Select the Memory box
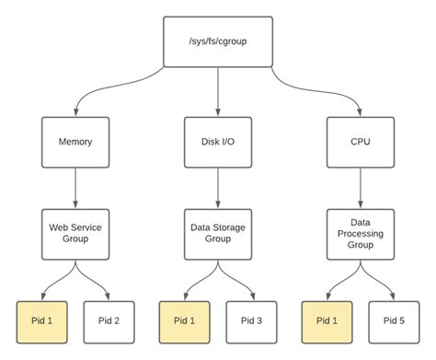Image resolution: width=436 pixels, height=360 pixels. pyautogui.click(x=75, y=144)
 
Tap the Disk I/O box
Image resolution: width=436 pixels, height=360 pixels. pyautogui.click(x=217, y=144)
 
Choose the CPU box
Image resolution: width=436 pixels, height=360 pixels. pyautogui.click(x=360, y=144)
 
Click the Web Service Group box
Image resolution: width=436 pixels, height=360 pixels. pyautogui.click(x=75, y=231)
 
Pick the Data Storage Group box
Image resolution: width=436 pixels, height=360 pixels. pyautogui.click(x=217, y=231)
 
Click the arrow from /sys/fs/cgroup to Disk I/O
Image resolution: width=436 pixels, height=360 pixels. pyautogui.click(x=217, y=92)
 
